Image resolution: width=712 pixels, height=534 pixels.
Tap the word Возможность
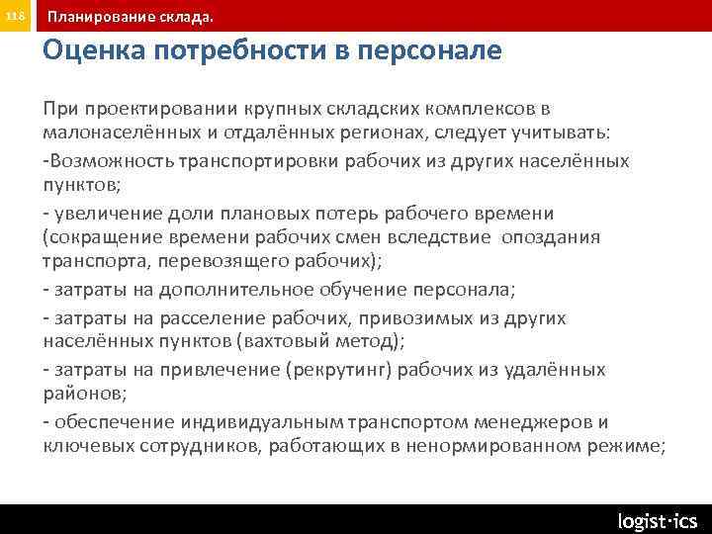tap(107, 160)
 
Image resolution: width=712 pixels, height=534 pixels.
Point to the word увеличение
tap(102, 214)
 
